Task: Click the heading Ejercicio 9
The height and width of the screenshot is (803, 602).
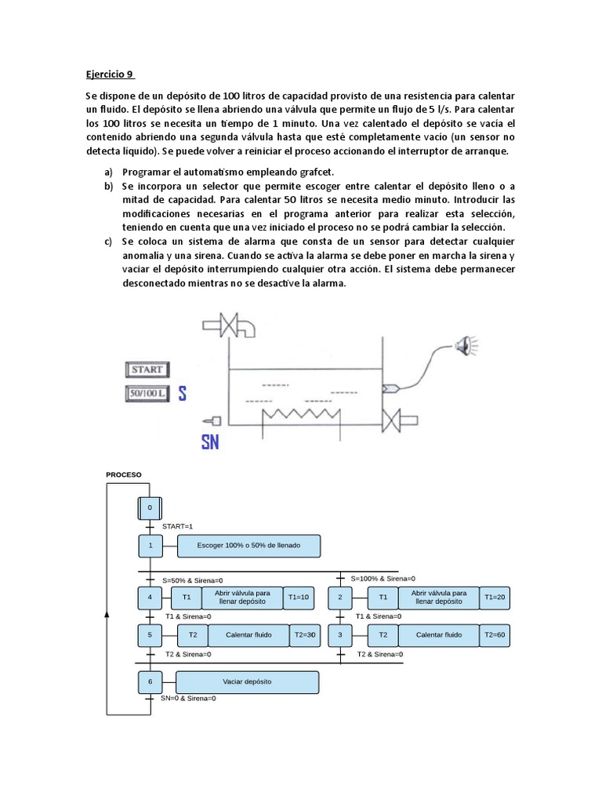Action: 110,75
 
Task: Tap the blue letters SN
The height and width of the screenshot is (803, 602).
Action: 209,442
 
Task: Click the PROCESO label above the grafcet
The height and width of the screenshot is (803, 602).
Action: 124,474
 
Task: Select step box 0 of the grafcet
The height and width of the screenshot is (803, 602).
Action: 149,508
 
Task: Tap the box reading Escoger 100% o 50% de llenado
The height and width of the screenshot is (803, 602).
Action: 249,545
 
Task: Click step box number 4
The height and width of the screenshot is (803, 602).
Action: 149,598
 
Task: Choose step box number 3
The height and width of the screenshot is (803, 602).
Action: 340,634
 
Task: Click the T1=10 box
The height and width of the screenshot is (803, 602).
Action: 299,598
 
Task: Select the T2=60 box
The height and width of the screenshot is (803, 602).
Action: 495,634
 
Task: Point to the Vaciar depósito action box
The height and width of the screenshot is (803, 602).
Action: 247,682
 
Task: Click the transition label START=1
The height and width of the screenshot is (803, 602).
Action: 177,526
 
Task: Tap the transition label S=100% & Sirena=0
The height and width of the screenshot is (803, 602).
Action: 383,578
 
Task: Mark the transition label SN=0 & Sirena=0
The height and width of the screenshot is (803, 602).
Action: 188,698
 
